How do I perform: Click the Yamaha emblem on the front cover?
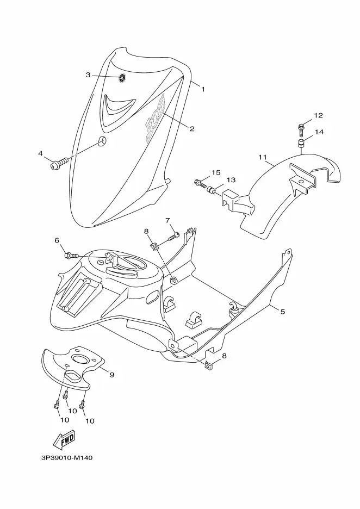(x=122, y=78)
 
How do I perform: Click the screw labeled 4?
(x=60, y=163)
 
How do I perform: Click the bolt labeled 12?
(x=301, y=129)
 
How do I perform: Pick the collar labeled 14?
(x=302, y=143)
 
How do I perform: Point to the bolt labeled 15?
(x=201, y=184)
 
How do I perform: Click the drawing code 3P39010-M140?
(x=67, y=458)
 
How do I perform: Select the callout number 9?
(x=112, y=375)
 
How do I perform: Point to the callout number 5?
(x=282, y=312)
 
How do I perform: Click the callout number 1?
(x=203, y=89)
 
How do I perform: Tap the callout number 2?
(x=192, y=129)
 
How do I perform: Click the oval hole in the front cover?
(x=102, y=141)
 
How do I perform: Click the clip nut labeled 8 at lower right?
(x=209, y=366)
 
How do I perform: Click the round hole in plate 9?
(x=80, y=359)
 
